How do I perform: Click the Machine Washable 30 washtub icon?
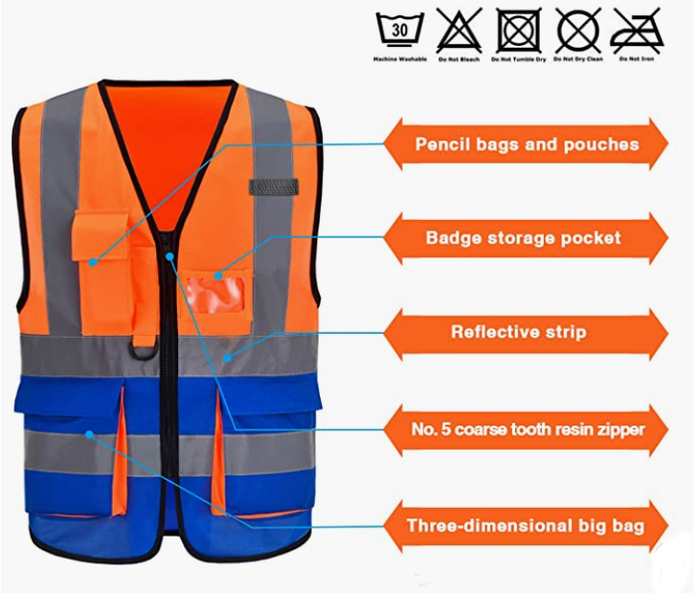click(399, 30)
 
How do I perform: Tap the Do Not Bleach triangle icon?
click(459, 31)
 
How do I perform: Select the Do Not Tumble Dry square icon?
click(518, 31)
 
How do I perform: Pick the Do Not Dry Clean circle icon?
click(578, 31)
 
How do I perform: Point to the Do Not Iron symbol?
click(637, 31)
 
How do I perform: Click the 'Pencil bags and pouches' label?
click(527, 144)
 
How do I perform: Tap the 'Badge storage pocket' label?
click(523, 238)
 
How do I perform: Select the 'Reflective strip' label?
click(519, 332)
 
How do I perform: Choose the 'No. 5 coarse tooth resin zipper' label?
click(528, 429)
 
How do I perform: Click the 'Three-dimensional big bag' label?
click(526, 526)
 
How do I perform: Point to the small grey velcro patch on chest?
click(274, 187)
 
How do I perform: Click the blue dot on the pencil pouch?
click(93, 262)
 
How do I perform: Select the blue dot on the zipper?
click(169, 256)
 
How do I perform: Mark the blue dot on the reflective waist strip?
click(227, 358)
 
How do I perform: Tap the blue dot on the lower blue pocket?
click(89, 434)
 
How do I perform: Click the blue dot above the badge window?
click(218, 275)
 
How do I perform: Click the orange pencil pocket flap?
click(101, 235)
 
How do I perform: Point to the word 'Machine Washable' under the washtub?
click(399, 59)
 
